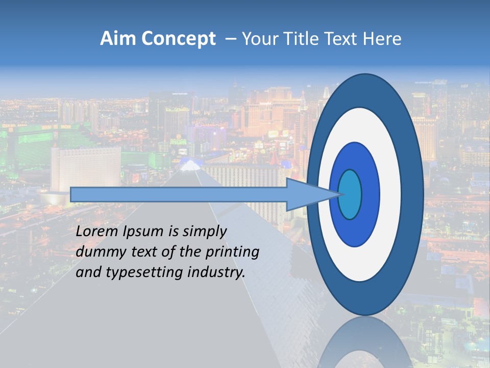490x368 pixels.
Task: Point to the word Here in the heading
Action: click(x=382, y=39)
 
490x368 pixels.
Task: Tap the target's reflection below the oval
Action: click(x=365, y=342)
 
